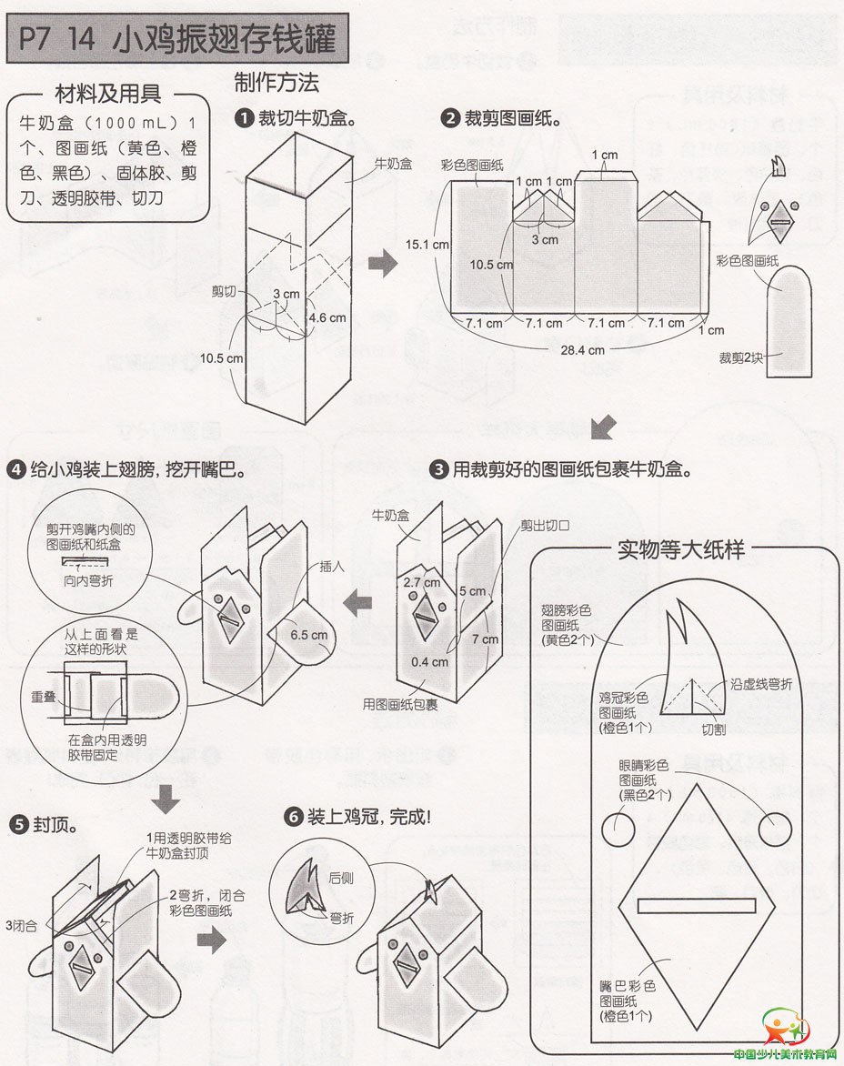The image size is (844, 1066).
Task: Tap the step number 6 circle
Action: (x=293, y=816)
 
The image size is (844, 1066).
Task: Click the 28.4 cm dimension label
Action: (x=583, y=349)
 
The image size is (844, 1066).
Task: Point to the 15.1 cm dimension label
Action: (x=427, y=245)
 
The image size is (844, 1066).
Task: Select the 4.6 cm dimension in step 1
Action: (x=327, y=317)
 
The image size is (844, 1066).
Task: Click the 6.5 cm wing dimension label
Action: (x=308, y=634)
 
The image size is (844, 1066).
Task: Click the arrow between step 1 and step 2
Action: (x=387, y=266)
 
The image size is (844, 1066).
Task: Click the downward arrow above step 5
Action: (x=166, y=800)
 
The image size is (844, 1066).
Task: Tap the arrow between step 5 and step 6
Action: (x=211, y=940)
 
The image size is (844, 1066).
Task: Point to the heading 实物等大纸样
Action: (x=681, y=550)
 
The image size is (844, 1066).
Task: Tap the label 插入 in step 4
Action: (x=331, y=565)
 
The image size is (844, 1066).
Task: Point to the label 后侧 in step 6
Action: (x=341, y=878)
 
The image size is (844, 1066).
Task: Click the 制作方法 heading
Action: (x=276, y=83)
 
